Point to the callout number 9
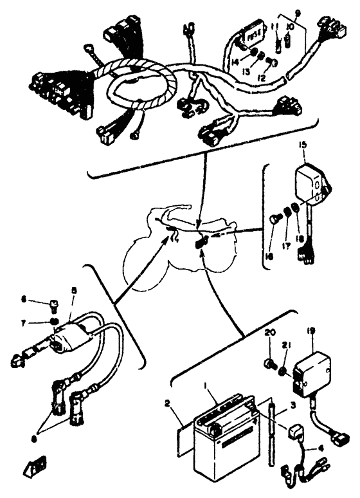[297, 12]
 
